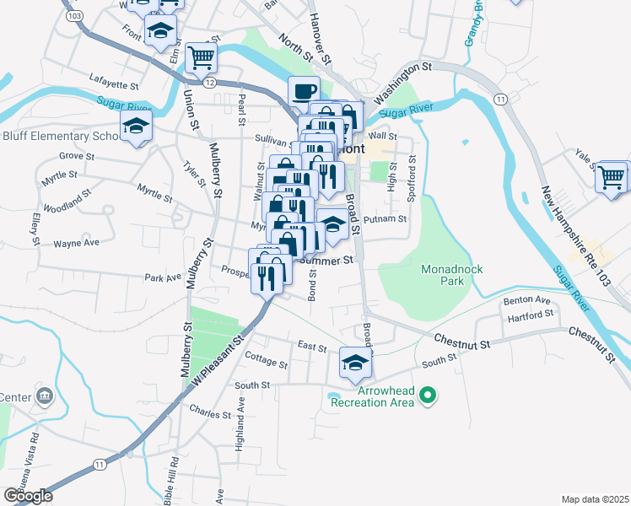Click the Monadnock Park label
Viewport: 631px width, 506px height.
[443, 275]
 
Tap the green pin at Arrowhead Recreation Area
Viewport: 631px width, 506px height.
[428, 394]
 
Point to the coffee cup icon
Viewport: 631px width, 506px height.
[304, 91]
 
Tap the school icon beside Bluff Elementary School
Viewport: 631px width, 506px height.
[135, 126]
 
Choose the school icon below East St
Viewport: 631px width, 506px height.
[355, 363]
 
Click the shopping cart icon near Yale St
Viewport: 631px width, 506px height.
[611, 177]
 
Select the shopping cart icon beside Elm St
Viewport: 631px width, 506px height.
[201, 57]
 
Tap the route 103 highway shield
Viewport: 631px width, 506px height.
[74, 16]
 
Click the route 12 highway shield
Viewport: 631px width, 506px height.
[209, 82]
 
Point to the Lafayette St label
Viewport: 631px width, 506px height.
[113, 85]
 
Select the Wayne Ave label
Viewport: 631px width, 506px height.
[76, 243]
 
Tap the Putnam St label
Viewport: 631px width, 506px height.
[386, 218]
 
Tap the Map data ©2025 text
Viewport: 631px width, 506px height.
[595, 499]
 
